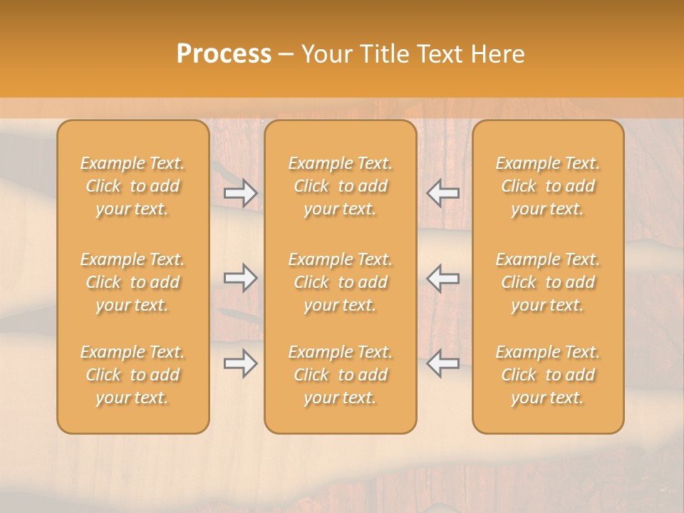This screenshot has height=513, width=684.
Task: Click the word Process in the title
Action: [x=224, y=54]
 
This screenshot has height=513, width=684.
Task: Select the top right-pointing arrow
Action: [x=240, y=193]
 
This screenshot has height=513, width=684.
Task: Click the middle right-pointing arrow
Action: [x=240, y=279]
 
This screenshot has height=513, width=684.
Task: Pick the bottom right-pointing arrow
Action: [x=240, y=364]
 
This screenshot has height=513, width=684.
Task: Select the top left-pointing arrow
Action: [x=442, y=193]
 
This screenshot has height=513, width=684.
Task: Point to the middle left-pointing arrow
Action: [x=442, y=279]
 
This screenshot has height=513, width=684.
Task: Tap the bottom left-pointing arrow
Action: [x=442, y=364]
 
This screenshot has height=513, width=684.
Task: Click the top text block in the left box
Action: [x=133, y=186]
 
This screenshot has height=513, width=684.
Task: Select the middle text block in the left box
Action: [x=133, y=282]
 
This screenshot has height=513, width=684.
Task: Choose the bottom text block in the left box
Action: [x=133, y=375]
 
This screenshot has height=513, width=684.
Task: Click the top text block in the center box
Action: [x=340, y=186]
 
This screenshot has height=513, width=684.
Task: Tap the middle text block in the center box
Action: [x=340, y=282]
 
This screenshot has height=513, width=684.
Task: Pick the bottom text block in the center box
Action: [x=340, y=375]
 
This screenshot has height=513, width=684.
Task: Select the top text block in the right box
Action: [x=548, y=186]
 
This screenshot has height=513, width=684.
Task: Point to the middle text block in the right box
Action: [x=548, y=282]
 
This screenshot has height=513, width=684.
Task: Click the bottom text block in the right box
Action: [x=548, y=375]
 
